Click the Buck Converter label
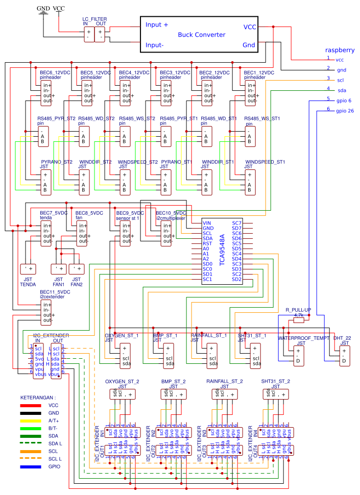pyautogui.click(x=201, y=35)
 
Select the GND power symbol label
pyautogui.click(x=43, y=9)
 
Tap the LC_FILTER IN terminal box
pyautogui.click(x=88, y=34)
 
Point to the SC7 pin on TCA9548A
pyautogui.click(x=236, y=223)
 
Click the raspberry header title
pyautogui.click(x=340, y=50)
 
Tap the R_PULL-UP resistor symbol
pyautogui.click(x=298, y=321)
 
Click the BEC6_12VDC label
pyautogui.click(x=55, y=73)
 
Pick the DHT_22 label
pyautogui.click(x=343, y=338)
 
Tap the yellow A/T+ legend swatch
pyautogui.click(x=31, y=420)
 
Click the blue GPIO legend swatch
pyautogui.click(x=31, y=466)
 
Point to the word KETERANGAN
pyautogui.click(x=38, y=397)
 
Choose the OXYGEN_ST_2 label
pyautogui.click(x=122, y=381)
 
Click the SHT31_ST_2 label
pyautogui.click(x=276, y=381)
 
